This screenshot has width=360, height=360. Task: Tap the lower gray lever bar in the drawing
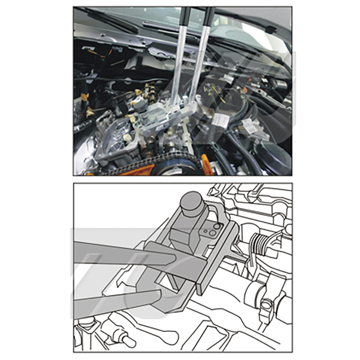[115, 305]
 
